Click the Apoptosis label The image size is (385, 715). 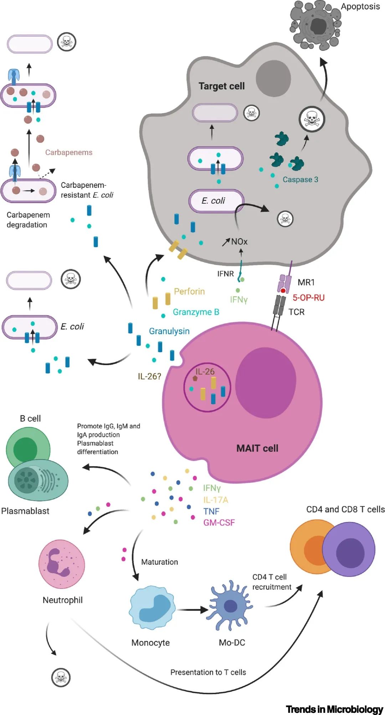point(360,6)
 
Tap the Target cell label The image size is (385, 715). point(221,86)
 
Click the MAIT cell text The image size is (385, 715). point(257,448)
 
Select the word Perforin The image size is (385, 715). point(189,292)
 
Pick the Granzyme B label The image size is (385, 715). point(196,312)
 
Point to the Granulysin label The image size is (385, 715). point(169,331)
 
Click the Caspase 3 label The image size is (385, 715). point(300,179)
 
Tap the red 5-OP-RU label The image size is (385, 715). point(308,298)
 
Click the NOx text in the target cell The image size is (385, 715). point(239,242)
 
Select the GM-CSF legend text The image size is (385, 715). point(219,523)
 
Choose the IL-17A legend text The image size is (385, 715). point(215,500)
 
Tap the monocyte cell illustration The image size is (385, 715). point(152,609)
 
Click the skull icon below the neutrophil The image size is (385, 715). point(61,677)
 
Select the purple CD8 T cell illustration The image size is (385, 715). point(349,549)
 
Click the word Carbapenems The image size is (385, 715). point(69,152)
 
